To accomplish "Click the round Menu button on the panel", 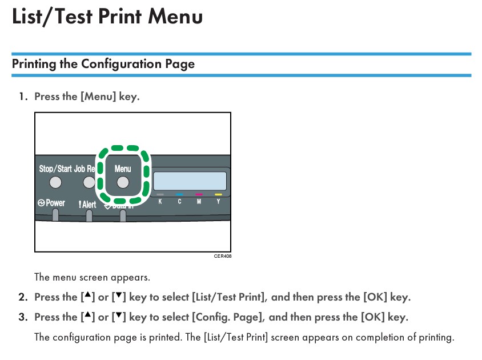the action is (123, 182).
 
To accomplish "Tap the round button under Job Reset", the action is (89, 182).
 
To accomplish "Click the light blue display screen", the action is (190, 181).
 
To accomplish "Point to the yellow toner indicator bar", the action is (218, 194).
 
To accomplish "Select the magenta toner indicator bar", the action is (199, 194).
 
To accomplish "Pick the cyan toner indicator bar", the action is (179, 194).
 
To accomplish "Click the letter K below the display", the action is (160, 202).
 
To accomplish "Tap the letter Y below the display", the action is (218, 202).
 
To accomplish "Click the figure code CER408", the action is (223, 256).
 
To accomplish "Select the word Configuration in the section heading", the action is (122, 64).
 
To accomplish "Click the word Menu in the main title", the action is (175, 17).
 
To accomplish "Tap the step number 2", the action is (23, 297).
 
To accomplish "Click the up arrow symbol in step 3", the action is (88, 315).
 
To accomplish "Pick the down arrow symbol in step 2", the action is (119, 295).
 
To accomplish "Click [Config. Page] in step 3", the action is (228, 317).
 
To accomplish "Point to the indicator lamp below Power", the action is (55, 215).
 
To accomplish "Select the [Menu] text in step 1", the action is (98, 97).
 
